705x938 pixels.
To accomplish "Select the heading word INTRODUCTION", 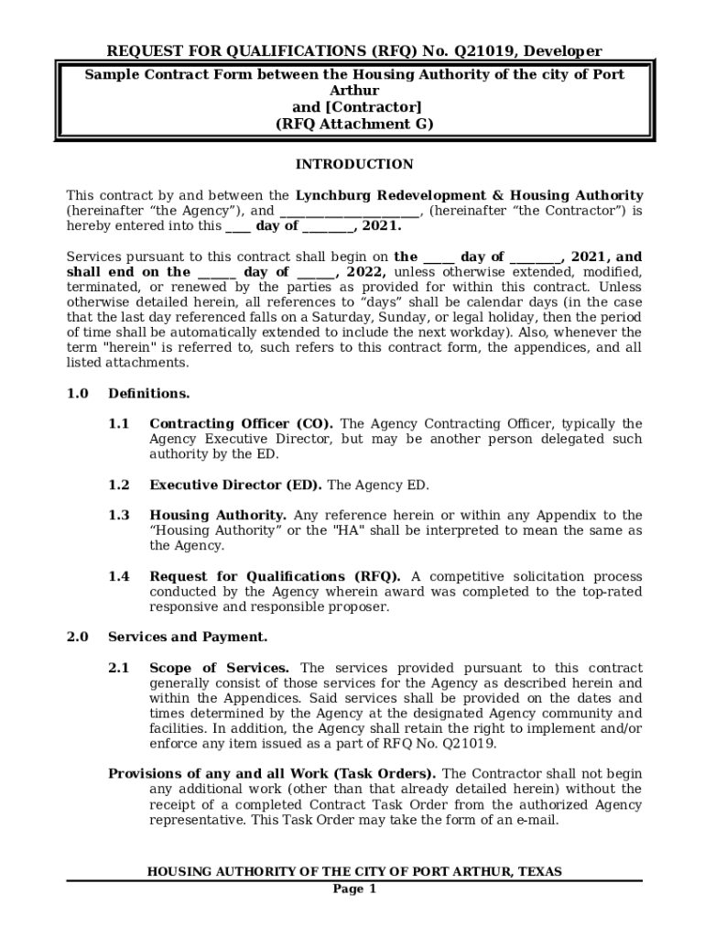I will pos(353,165).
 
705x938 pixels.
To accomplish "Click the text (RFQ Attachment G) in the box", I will pos(353,125).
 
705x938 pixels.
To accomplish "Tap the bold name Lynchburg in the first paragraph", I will pos(336,196).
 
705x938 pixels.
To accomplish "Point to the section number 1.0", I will pos(77,394).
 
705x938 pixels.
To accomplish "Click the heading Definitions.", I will pos(149,394).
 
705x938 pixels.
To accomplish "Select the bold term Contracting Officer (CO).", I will pos(241,424).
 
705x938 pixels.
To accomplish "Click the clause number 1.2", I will pos(119,485).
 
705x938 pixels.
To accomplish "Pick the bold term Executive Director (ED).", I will pos(235,485).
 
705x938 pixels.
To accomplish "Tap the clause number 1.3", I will pos(119,516).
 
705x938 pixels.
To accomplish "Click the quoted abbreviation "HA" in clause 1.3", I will pos(349,531).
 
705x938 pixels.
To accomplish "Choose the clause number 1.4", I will pos(119,577).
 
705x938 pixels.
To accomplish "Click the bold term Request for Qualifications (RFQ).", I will pos(275,577).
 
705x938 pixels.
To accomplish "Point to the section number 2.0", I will pos(77,638).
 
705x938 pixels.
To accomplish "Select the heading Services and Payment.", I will pos(188,638).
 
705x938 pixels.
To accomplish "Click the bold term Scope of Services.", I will pos(220,669).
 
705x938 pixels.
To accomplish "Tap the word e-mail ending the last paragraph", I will pos(537,821).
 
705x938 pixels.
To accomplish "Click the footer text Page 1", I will pos(353,889).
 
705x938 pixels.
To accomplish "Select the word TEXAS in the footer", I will pos(540,872).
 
